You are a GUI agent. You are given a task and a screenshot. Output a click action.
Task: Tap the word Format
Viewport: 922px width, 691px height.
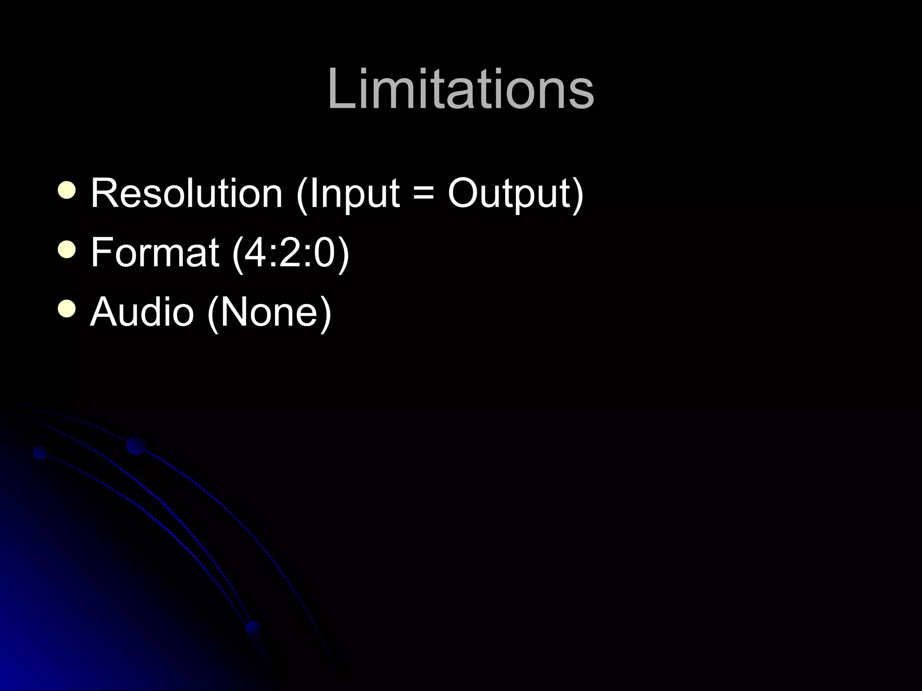(x=154, y=252)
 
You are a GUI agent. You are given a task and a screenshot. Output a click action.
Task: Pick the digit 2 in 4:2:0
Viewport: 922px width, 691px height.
(x=291, y=252)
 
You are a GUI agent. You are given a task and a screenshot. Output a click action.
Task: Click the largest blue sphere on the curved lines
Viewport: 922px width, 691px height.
(x=136, y=445)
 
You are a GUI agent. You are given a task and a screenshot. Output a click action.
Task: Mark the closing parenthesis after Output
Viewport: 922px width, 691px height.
(x=578, y=194)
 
